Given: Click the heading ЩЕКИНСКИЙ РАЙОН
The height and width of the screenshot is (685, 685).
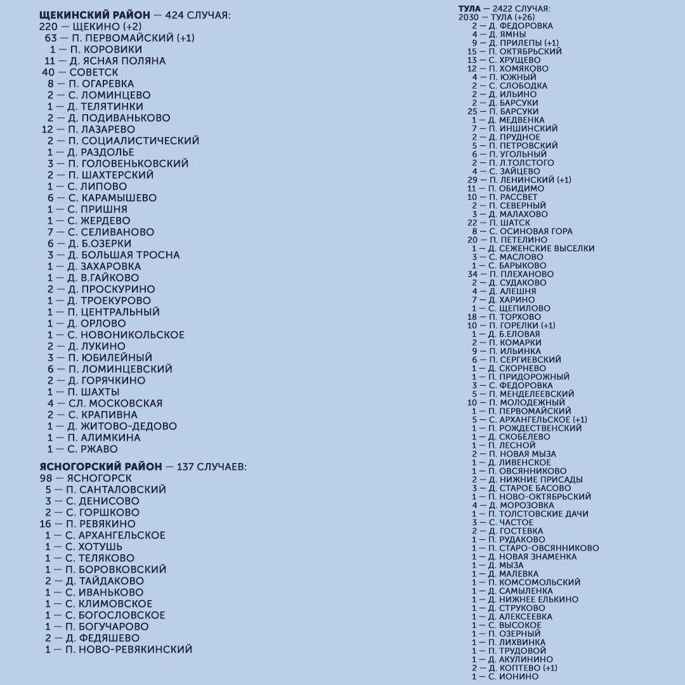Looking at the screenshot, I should (x=95, y=15).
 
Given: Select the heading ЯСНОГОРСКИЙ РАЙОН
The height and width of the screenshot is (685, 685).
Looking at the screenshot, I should (x=100, y=467).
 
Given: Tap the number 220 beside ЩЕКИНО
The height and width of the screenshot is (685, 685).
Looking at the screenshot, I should (x=48, y=27).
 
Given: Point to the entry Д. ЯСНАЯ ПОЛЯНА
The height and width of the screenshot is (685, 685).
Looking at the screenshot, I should (x=117, y=61).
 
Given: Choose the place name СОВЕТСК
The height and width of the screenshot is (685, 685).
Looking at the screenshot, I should (x=93, y=72).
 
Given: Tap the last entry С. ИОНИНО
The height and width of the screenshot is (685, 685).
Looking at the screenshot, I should (x=513, y=677).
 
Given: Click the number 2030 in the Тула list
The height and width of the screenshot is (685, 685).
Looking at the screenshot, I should (x=469, y=17).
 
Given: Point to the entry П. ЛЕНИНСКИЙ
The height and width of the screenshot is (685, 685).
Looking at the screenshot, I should (x=521, y=180).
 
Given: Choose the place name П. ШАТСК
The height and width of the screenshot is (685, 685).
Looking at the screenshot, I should (x=509, y=223).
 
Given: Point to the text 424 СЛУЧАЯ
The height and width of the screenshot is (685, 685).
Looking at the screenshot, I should (x=197, y=15).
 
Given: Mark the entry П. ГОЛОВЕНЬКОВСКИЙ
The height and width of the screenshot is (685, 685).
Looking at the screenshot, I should (x=127, y=164).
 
